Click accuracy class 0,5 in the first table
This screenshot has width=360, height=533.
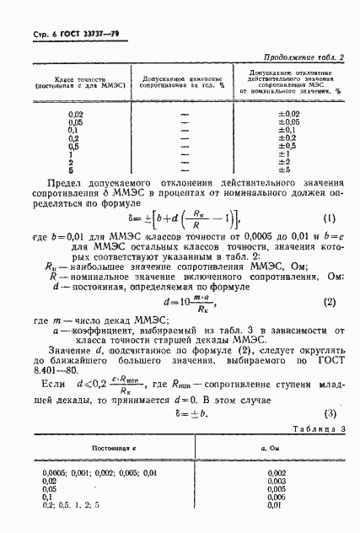[74, 146]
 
